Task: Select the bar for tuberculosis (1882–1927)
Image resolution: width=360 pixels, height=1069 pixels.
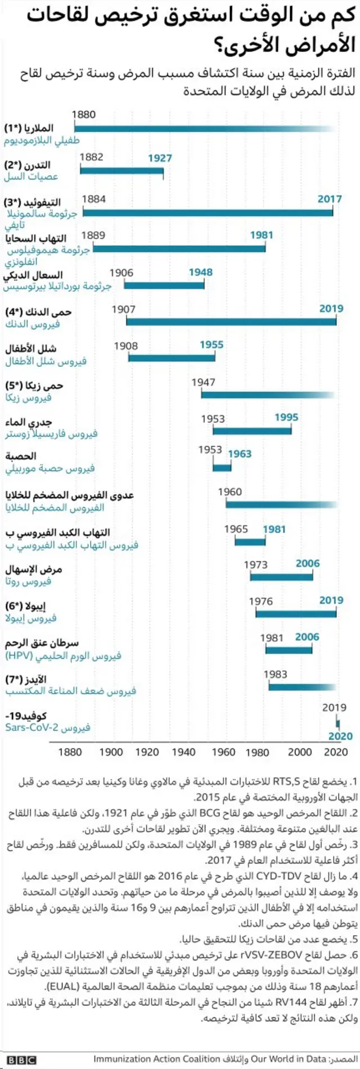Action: (x=121, y=170)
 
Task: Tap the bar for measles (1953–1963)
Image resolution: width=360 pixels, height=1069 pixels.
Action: (x=222, y=467)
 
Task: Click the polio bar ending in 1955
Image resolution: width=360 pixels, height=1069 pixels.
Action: (x=172, y=357)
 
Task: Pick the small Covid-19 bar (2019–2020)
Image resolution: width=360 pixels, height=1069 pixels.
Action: (x=337, y=722)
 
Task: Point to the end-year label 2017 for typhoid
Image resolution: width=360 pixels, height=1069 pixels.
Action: (x=329, y=199)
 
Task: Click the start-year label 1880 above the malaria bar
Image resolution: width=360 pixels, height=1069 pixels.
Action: (x=84, y=114)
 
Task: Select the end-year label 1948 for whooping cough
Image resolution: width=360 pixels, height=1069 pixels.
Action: (x=200, y=272)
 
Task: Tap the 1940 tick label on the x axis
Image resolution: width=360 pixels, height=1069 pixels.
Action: (x=183, y=752)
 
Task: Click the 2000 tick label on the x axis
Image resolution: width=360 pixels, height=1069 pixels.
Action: (x=300, y=752)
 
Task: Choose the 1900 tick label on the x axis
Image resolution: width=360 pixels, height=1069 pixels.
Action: (x=111, y=752)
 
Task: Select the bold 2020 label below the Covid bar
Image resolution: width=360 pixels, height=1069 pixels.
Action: (x=340, y=736)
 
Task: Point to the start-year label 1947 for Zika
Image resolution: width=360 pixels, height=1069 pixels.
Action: (x=203, y=382)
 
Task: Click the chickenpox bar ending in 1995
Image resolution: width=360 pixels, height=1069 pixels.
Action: (x=251, y=430)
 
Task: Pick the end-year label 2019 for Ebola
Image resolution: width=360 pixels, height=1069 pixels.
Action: (x=331, y=600)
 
